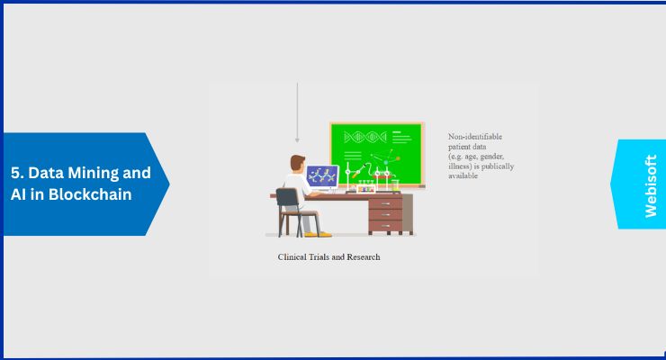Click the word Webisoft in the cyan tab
pos(651,186)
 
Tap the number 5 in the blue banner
pos(15,173)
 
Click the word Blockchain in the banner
pos(90,194)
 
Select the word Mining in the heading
pos(92,174)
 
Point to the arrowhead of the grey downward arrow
pos(297,139)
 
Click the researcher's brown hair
pos(297,162)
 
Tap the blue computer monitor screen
pos(322,176)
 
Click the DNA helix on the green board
pos(365,137)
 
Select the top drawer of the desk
pos(385,203)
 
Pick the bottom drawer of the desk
pos(385,225)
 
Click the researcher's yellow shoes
pos(318,234)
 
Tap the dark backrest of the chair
pos(288,197)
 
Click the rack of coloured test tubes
pos(366,187)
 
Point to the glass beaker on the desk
pos(395,185)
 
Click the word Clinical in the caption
pos(292,256)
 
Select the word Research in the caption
pos(364,256)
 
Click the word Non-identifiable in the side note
pos(475,137)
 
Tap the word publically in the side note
pos(498,166)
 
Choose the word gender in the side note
pos(492,157)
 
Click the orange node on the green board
pos(398,158)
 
